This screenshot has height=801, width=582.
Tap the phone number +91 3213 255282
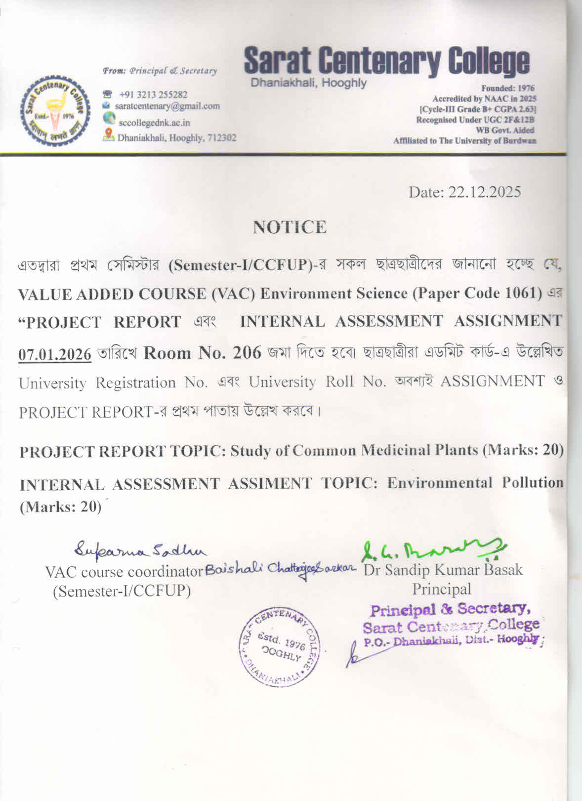point(153,94)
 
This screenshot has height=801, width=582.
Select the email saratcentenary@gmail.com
point(167,106)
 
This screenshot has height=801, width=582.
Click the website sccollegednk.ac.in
point(154,123)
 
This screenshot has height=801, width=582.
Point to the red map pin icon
point(109,134)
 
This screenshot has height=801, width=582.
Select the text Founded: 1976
point(507,88)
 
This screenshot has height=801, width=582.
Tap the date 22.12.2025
point(484,192)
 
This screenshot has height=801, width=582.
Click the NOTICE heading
point(290,227)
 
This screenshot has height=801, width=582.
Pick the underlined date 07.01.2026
point(55,354)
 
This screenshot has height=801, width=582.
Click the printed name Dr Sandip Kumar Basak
point(443,570)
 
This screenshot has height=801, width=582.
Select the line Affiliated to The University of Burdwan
point(464,141)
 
